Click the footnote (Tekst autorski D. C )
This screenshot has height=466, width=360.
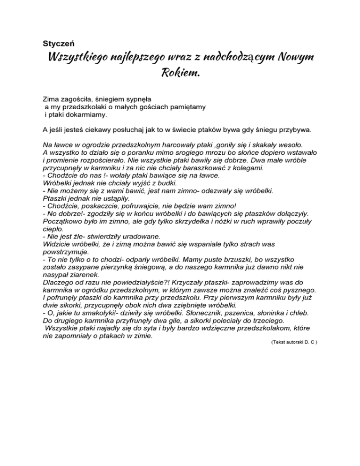coord(294,343)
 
